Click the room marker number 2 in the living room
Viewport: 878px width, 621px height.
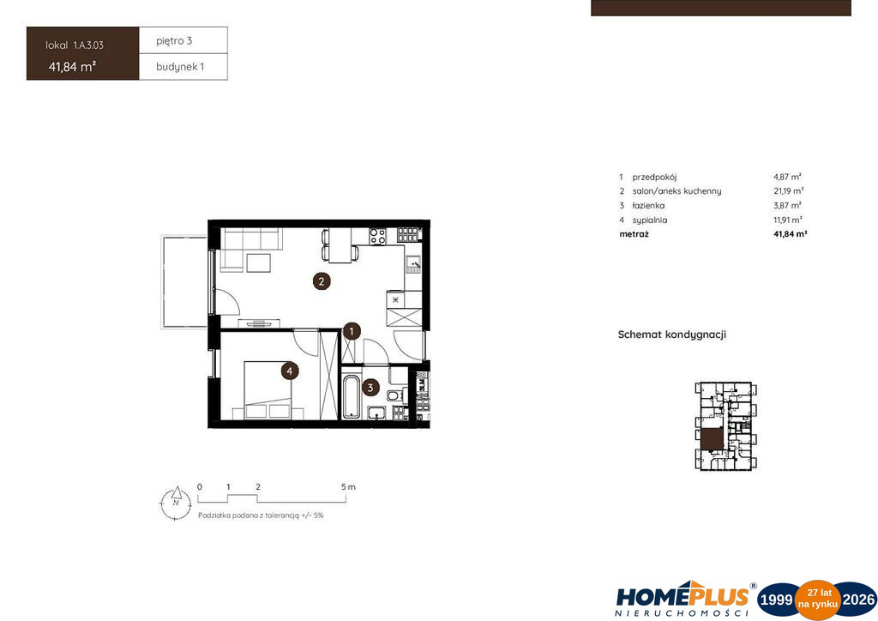click(322, 281)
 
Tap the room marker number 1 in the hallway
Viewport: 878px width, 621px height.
click(352, 331)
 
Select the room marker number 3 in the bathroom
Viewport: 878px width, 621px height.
click(370, 388)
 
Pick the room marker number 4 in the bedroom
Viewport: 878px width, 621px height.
click(290, 371)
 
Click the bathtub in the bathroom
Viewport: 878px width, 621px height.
click(351, 396)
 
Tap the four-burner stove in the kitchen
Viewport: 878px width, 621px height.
click(377, 236)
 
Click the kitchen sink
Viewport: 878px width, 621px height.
click(414, 263)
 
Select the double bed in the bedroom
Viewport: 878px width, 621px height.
click(268, 390)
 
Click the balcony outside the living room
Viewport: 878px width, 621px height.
click(184, 281)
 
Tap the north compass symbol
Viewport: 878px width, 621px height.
click(177, 503)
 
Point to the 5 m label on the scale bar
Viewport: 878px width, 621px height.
click(348, 487)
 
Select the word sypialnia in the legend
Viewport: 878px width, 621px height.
click(650, 220)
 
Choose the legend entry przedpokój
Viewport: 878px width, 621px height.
click(654, 177)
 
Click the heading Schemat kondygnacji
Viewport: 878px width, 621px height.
click(672, 335)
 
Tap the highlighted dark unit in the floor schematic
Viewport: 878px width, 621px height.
click(713, 439)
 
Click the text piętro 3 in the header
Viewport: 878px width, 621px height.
click(174, 41)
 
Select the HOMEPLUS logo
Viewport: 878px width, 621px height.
click(683, 600)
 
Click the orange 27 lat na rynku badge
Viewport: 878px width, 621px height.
click(818, 600)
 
